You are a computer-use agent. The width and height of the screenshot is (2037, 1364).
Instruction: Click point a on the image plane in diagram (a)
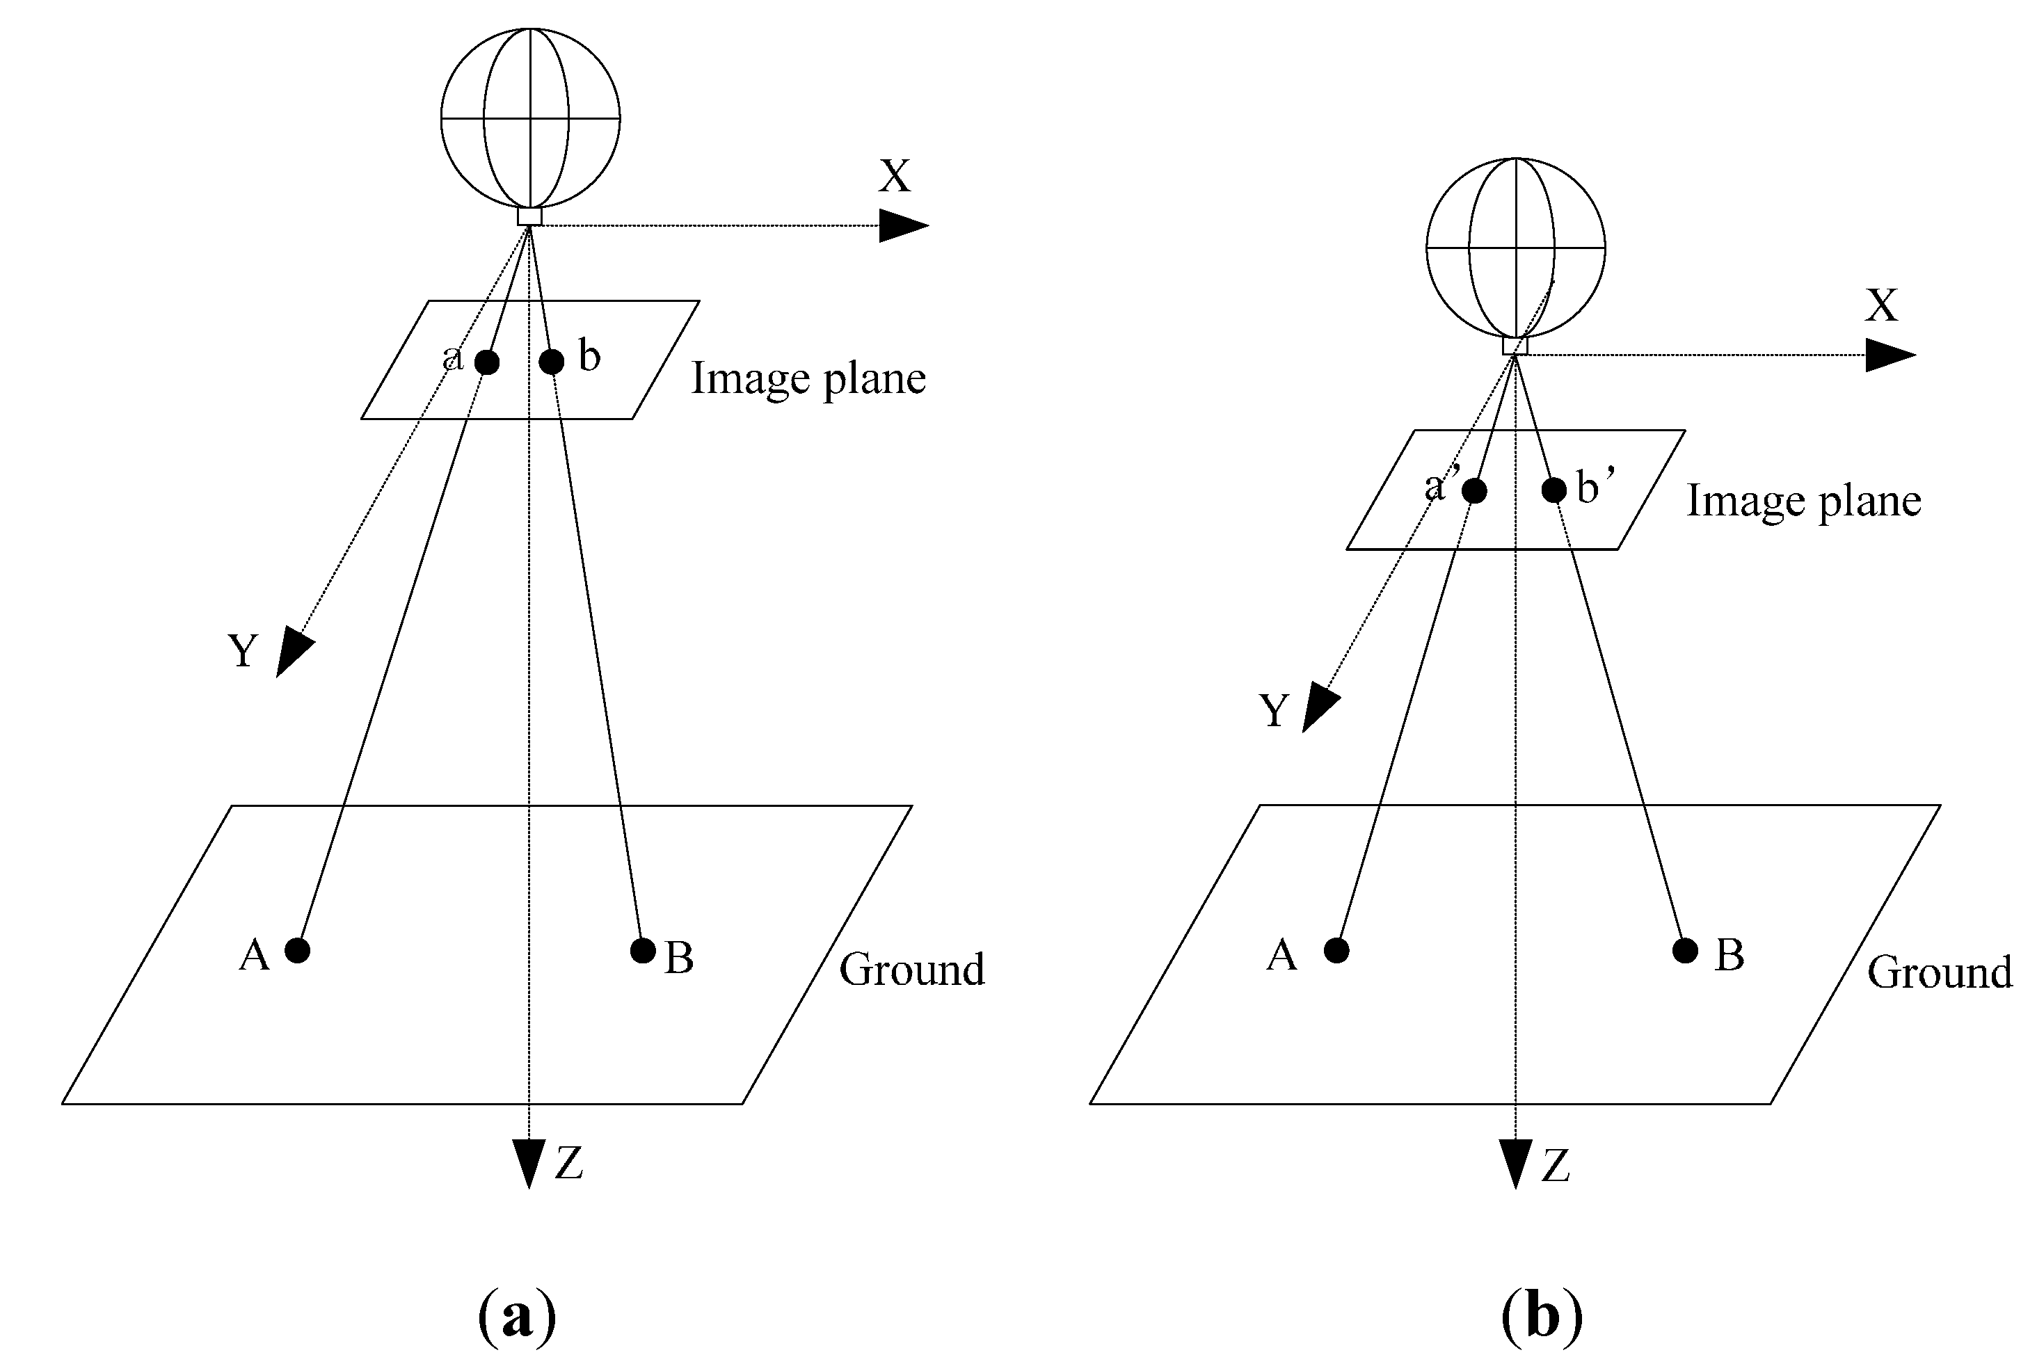pos(487,362)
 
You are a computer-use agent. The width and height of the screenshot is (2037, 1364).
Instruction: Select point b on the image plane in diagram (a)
pos(551,360)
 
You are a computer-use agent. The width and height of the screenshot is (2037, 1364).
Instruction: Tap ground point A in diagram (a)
pos(298,950)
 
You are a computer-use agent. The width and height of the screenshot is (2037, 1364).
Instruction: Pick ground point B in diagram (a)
pos(642,951)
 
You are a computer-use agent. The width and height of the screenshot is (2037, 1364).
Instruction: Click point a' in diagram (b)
pos(1474,490)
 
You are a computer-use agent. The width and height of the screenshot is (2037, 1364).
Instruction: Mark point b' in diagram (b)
pos(1554,490)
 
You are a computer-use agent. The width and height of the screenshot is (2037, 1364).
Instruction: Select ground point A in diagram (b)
pos(1336,951)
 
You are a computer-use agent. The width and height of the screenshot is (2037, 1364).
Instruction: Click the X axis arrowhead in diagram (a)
pos(903,225)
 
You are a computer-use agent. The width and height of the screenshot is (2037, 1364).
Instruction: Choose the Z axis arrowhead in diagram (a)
pos(529,1162)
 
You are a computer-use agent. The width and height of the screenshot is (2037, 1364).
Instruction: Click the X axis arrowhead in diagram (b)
pos(1890,355)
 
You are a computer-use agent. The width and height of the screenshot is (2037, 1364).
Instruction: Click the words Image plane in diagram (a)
pos(808,379)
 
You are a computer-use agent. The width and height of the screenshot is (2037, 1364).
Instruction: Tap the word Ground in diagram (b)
pos(1940,972)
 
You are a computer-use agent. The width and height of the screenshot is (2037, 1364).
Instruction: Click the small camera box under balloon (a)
pos(530,216)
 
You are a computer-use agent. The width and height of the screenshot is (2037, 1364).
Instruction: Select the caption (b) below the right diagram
pos(1541,1316)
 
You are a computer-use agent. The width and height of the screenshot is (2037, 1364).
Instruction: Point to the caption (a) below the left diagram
pos(517,1316)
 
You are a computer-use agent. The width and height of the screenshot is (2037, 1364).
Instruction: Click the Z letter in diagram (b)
pos(1556,1166)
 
